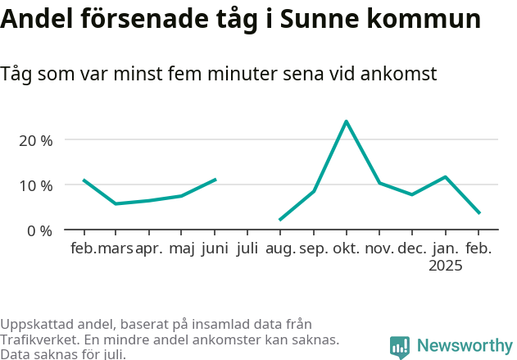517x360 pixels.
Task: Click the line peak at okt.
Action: (347, 121)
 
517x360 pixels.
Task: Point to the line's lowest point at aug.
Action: (280, 220)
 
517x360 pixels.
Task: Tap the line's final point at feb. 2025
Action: (479, 213)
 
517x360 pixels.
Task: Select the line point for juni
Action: (215, 179)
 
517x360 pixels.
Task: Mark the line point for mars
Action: (116, 203)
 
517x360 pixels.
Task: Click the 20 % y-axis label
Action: (36, 140)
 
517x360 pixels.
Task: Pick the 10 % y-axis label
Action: (36, 185)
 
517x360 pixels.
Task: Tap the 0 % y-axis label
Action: (40, 230)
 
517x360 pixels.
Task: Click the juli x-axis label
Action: (247, 248)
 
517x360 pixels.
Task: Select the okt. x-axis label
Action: (347, 248)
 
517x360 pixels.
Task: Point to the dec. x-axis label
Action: (412, 248)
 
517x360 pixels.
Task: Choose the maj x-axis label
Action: (181, 248)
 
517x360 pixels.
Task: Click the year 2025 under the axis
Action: (446, 266)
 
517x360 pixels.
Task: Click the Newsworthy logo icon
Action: (400, 347)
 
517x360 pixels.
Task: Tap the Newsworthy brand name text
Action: (464, 346)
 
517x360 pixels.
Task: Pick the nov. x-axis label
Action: (379, 248)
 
